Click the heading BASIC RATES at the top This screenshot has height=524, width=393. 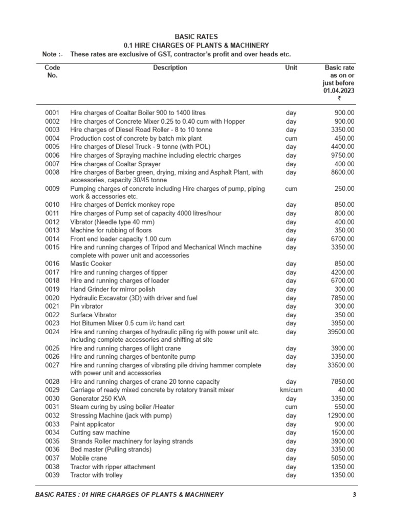196,37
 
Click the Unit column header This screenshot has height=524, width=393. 291,68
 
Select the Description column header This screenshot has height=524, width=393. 170,68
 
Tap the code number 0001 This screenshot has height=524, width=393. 52,113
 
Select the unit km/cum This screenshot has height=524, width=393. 291,390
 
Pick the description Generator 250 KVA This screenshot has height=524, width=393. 98,399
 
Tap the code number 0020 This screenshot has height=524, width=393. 52,298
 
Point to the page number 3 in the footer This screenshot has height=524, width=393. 354,494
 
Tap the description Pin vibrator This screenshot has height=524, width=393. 86,306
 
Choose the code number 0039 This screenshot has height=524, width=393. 52,475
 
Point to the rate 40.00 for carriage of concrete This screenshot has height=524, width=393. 346,390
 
